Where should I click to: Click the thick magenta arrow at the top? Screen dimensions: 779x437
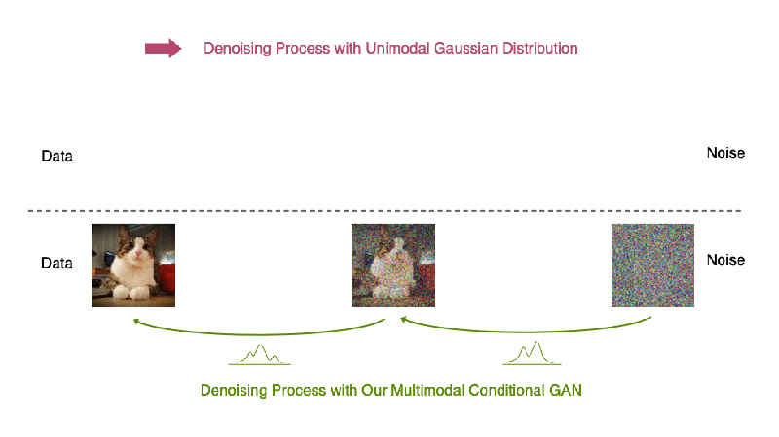pos(163,48)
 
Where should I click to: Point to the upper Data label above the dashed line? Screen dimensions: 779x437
pos(56,156)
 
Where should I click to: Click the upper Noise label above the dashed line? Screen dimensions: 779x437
pos(725,153)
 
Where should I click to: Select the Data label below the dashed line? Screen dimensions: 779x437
pos(56,263)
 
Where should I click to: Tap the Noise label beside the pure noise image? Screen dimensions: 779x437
pos(725,260)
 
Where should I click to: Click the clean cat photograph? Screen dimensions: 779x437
pos(133,265)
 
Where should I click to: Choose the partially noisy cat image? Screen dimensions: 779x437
pos(393,265)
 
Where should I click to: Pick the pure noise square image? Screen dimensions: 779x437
pos(652,265)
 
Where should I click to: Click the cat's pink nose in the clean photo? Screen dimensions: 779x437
pos(138,255)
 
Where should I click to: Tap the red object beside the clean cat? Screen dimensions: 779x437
pos(167,278)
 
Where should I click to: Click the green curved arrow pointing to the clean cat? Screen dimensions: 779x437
pos(259,333)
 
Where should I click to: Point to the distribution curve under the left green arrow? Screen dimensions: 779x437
pos(259,354)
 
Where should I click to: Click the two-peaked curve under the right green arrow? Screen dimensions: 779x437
pos(532,352)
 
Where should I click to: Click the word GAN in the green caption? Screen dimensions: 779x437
pos(566,391)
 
